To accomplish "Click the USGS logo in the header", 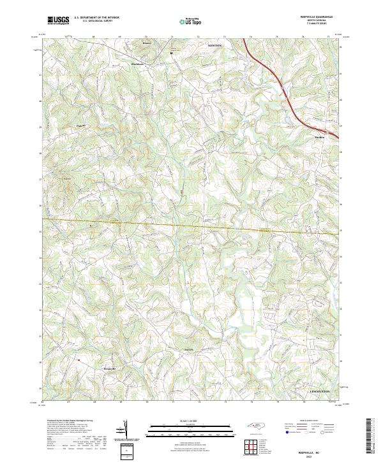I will (x=57, y=21).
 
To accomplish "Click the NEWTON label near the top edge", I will (x=215, y=46).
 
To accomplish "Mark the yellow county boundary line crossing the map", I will (x=191, y=225).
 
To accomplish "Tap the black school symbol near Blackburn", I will (x=172, y=54).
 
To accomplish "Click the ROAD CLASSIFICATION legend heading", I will (x=306, y=420).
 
